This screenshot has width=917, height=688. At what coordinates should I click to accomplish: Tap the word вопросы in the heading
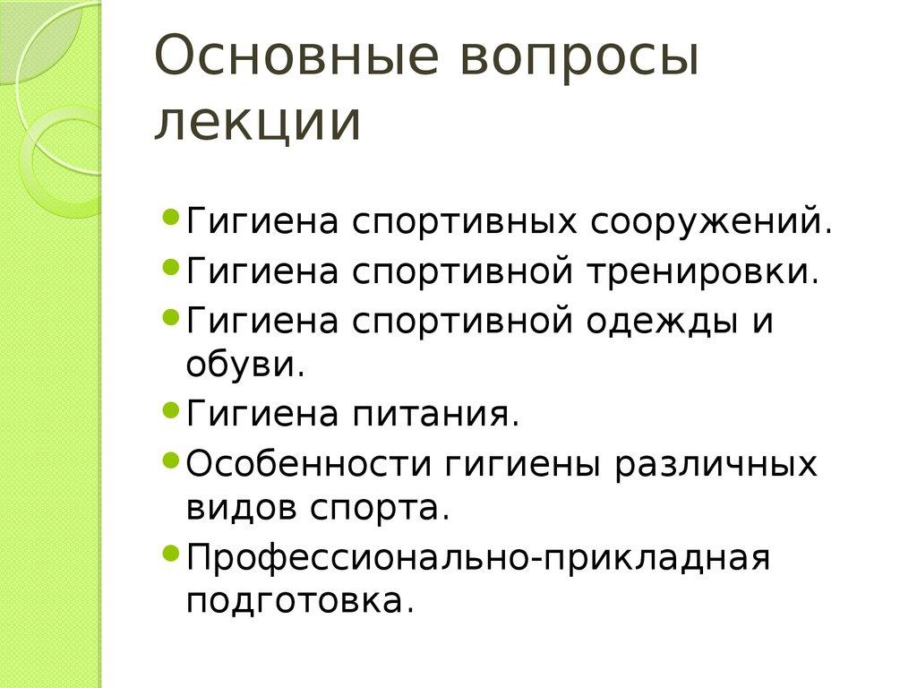tap(577, 59)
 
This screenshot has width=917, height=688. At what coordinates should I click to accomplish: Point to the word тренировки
tap(703, 271)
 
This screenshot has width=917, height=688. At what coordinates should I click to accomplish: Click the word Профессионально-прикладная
tap(478, 557)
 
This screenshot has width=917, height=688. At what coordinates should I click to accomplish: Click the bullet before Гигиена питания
tap(173, 412)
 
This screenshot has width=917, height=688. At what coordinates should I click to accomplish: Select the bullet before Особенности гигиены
tap(173, 460)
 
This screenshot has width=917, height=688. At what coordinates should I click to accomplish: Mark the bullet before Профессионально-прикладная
tap(173, 553)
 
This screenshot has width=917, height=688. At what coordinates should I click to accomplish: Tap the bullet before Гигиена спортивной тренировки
tap(173, 267)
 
